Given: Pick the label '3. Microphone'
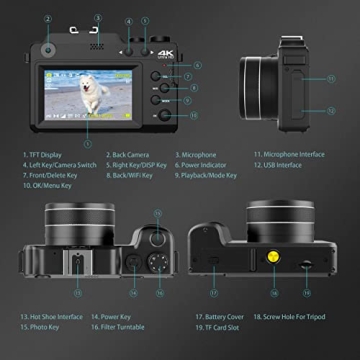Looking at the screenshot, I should (x=196, y=155).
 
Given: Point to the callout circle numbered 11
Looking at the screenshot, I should (x=332, y=78).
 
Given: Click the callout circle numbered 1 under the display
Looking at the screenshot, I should (x=87, y=145).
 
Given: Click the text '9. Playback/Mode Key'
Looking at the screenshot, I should (x=207, y=173).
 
